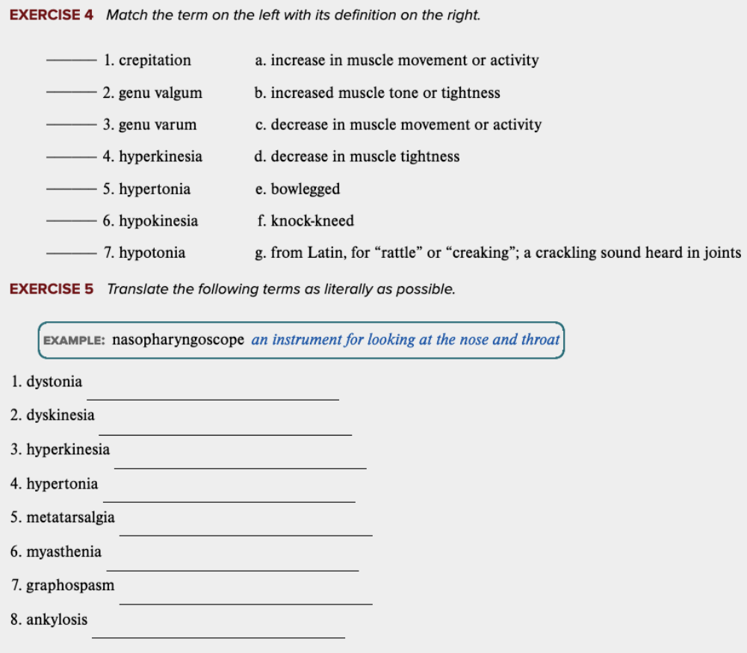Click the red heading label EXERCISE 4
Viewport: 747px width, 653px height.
point(52,15)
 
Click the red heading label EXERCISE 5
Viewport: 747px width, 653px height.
point(52,289)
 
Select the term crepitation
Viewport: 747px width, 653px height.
point(155,61)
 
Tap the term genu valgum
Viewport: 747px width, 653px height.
point(160,93)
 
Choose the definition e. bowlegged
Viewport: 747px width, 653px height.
point(297,189)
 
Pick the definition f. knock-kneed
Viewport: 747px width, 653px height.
point(305,221)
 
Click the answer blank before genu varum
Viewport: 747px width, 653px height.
point(71,125)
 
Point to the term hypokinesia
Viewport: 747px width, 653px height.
point(158,221)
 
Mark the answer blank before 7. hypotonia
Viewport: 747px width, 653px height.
point(71,253)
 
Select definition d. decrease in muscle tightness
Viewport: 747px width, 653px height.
point(357,157)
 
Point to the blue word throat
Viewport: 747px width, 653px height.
point(540,341)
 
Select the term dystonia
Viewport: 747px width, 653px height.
point(54,383)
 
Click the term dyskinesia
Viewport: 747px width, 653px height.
point(60,415)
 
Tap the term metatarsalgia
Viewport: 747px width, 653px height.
point(70,518)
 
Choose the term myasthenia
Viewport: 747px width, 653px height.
point(63,552)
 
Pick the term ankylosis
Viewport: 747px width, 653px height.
point(57,620)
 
